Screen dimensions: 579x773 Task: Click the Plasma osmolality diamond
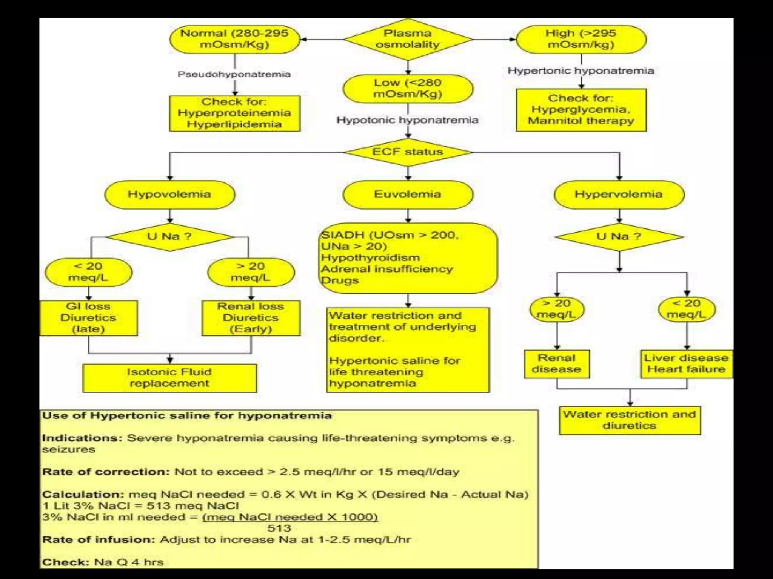(408, 39)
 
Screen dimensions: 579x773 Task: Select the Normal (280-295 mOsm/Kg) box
(234, 39)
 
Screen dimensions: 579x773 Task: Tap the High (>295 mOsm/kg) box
(581, 39)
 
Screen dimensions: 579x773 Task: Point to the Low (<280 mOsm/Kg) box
(408, 89)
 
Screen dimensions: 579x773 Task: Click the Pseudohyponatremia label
(234, 74)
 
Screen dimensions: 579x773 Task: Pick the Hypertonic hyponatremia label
(581, 71)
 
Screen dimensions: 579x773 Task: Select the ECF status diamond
(408, 152)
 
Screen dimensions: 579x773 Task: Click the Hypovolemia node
(169, 195)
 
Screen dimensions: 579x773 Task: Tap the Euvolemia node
(408, 195)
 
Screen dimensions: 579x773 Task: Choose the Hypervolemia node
(619, 195)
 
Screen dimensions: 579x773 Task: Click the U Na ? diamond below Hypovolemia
(169, 237)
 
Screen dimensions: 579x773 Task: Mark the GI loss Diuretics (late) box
(88, 318)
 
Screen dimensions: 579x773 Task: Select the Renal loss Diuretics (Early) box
(251, 318)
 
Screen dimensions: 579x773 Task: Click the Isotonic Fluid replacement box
(169, 378)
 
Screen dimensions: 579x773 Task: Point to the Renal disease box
(557, 364)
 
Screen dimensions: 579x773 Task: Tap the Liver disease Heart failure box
(686, 364)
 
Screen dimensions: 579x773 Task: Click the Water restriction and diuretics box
(630, 420)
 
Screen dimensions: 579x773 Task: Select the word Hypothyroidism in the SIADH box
(370, 258)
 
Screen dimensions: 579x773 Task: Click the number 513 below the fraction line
(279, 528)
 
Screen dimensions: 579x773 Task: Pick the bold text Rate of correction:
(106, 472)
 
